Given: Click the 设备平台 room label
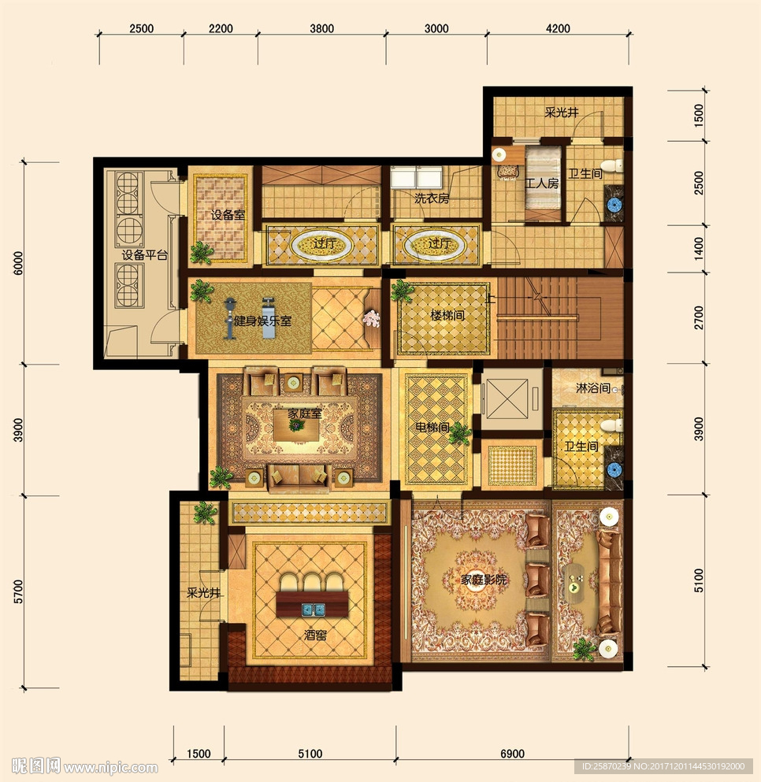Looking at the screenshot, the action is (145, 255).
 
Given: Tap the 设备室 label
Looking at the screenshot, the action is (228, 215).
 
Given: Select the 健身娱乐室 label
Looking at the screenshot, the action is (263, 321).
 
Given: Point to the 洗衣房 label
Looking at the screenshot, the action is (432, 198).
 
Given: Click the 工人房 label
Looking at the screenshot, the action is (542, 183).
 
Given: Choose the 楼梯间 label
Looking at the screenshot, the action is (447, 315).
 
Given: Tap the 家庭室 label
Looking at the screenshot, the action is (305, 413).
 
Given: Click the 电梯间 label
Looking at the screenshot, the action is (432, 428).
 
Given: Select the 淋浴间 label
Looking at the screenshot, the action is (593, 387).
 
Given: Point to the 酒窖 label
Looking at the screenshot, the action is (316, 636).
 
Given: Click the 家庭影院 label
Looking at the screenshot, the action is (484, 580).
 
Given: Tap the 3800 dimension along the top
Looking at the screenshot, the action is (322, 28).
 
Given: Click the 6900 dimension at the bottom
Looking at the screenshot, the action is (513, 754).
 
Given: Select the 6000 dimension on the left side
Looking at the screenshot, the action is (18, 263).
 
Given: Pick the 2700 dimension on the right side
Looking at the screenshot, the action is (699, 317).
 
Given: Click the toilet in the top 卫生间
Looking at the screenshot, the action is (612, 166).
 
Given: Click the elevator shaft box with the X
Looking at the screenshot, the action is (507, 398).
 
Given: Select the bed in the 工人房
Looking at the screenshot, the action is (542, 183).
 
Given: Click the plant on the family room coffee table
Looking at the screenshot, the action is (296, 425).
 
